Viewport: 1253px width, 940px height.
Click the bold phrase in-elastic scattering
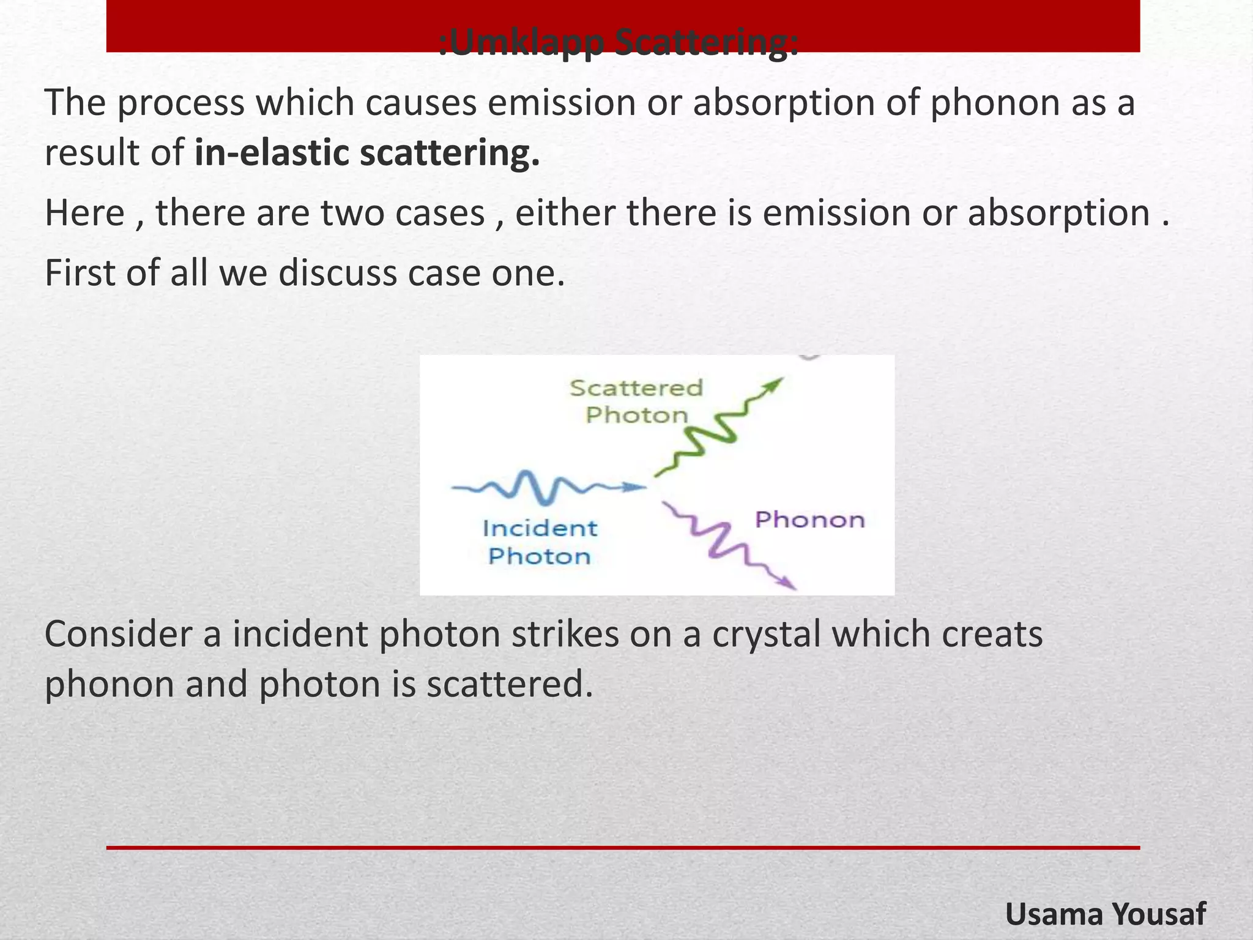coord(367,153)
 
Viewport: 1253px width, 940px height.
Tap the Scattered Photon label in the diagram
coord(636,401)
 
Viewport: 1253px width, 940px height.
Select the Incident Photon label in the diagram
coord(540,542)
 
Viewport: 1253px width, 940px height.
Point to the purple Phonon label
coord(810,520)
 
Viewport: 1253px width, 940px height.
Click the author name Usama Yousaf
coord(1105,914)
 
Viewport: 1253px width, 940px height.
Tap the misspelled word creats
coord(992,635)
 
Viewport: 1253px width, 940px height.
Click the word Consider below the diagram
coord(119,635)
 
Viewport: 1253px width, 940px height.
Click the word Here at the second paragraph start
coord(84,213)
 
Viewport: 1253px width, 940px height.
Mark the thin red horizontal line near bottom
coord(623,848)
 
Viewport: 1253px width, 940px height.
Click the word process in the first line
coord(180,102)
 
